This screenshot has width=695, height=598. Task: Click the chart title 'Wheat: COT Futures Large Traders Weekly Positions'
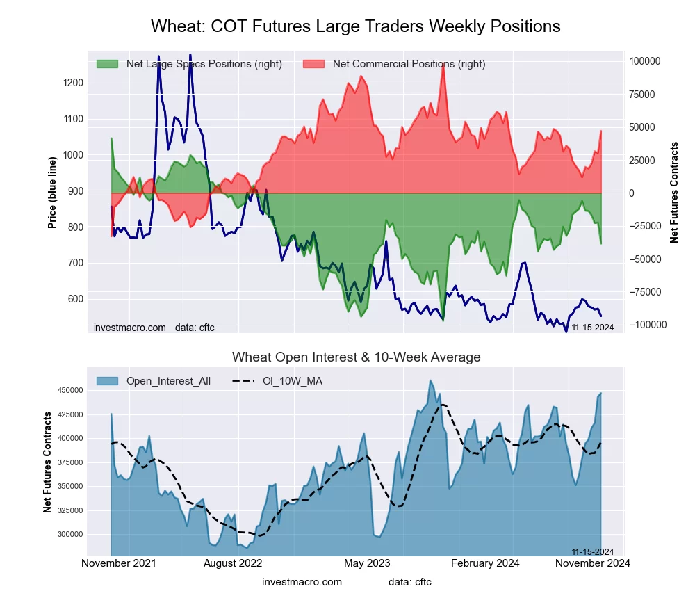pyautogui.click(x=355, y=26)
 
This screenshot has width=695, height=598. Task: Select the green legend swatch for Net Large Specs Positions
pyautogui.click(x=108, y=64)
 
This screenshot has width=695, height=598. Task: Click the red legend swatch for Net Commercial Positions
pyautogui.click(x=314, y=64)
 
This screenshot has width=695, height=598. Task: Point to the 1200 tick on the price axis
pyautogui.click(x=73, y=83)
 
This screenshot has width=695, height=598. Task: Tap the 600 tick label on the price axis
pyautogui.click(x=75, y=299)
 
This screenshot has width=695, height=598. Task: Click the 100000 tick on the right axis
pyautogui.click(x=644, y=61)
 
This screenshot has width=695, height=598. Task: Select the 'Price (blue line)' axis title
pyautogui.click(x=53, y=193)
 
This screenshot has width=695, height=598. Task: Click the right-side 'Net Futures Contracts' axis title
pyautogui.click(x=674, y=193)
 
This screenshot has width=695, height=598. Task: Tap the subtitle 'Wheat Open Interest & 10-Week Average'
pyautogui.click(x=356, y=357)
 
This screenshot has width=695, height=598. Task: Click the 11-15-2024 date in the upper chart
pyautogui.click(x=592, y=327)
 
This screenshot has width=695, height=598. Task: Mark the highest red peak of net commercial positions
pyautogui.click(x=443, y=63)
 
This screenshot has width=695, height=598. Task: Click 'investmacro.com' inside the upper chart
pyautogui.click(x=129, y=327)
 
